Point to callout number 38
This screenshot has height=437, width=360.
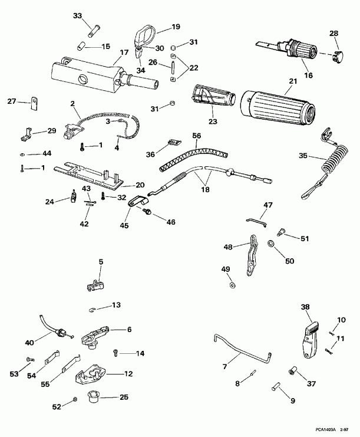pos(305,307)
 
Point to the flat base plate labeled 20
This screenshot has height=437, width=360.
pos(88,173)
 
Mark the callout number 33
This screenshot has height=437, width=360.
pos(78,16)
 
